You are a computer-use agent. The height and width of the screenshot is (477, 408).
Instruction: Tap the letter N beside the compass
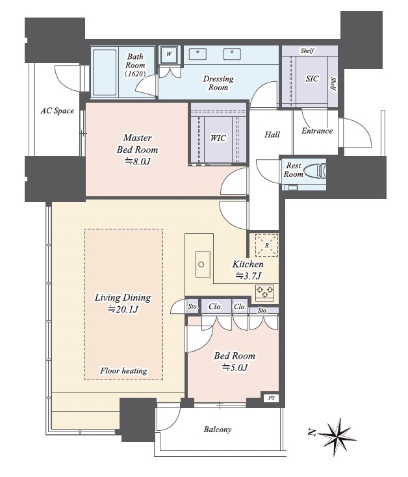pyautogui.click(x=311, y=432)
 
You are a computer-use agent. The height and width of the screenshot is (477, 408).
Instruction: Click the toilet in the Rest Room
pyautogui.click(x=316, y=170)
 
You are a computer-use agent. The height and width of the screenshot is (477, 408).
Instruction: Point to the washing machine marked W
pyautogui.click(x=169, y=54)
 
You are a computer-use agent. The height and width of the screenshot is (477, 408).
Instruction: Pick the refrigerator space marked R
pyautogui.click(x=266, y=245)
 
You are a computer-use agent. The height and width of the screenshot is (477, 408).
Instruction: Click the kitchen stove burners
pyautogui.click(x=265, y=291)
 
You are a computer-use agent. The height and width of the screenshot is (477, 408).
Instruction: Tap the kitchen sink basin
pyautogui.click(x=203, y=264)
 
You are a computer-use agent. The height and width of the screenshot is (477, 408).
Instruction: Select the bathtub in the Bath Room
pyautogui.click(x=105, y=72)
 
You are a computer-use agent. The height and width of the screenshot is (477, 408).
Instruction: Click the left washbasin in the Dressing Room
pyautogui.click(x=198, y=54)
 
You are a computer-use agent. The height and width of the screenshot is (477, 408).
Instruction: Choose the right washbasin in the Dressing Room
pyautogui.click(x=233, y=54)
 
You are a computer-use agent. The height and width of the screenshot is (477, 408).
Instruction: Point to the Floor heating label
pyautogui.click(x=123, y=370)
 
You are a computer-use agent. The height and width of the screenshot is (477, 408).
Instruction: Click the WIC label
pyautogui.click(x=218, y=138)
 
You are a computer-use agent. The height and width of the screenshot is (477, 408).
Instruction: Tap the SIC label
pyautogui.click(x=312, y=79)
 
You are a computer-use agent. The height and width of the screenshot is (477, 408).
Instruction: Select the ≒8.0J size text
pyautogui.click(x=138, y=161)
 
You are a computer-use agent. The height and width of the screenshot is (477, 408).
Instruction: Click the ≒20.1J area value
pyautogui.click(x=123, y=309)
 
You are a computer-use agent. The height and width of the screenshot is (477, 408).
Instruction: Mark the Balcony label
pyautogui.click(x=218, y=430)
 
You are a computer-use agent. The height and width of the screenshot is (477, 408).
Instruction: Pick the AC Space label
pyautogui.click(x=57, y=110)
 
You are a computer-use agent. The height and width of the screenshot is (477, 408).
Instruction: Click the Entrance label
pyautogui.click(x=317, y=131)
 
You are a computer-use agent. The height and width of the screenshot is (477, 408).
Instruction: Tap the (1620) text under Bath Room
pyautogui.click(x=135, y=73)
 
